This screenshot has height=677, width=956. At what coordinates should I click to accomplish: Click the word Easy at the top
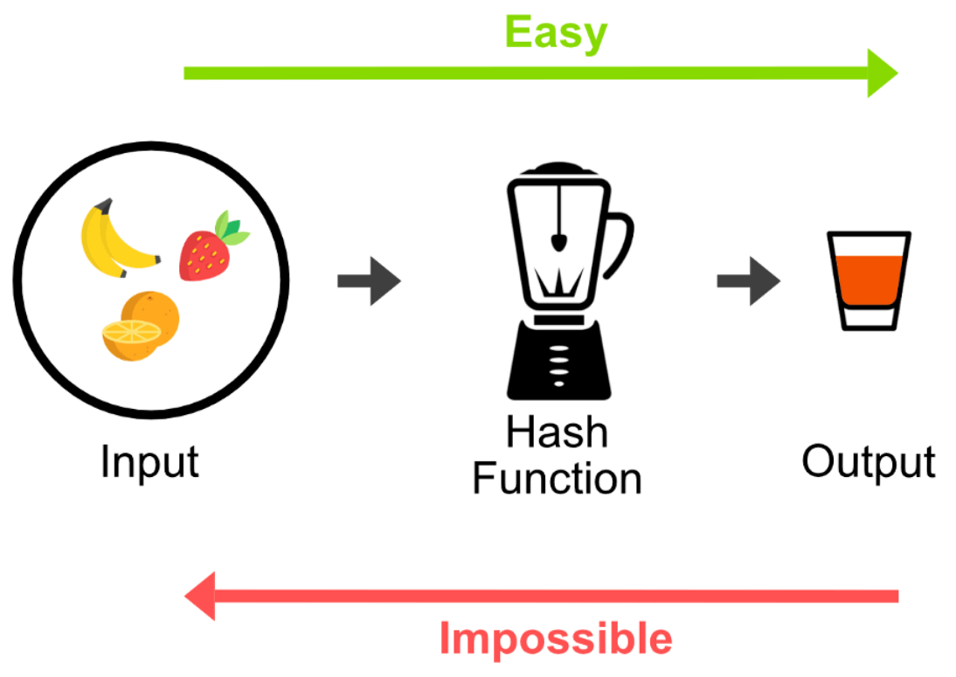click(556, 33)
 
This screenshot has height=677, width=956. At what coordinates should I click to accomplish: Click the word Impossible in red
click(556, 638)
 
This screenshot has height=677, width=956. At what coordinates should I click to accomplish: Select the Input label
click(149, 462)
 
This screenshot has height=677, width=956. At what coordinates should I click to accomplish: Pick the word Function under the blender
click(557, 480)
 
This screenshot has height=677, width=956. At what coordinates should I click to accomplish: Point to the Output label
click(869, 461)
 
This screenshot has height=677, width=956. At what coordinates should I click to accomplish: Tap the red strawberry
click(204, 254)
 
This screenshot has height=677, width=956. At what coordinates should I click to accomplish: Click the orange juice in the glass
click(869, 279)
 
